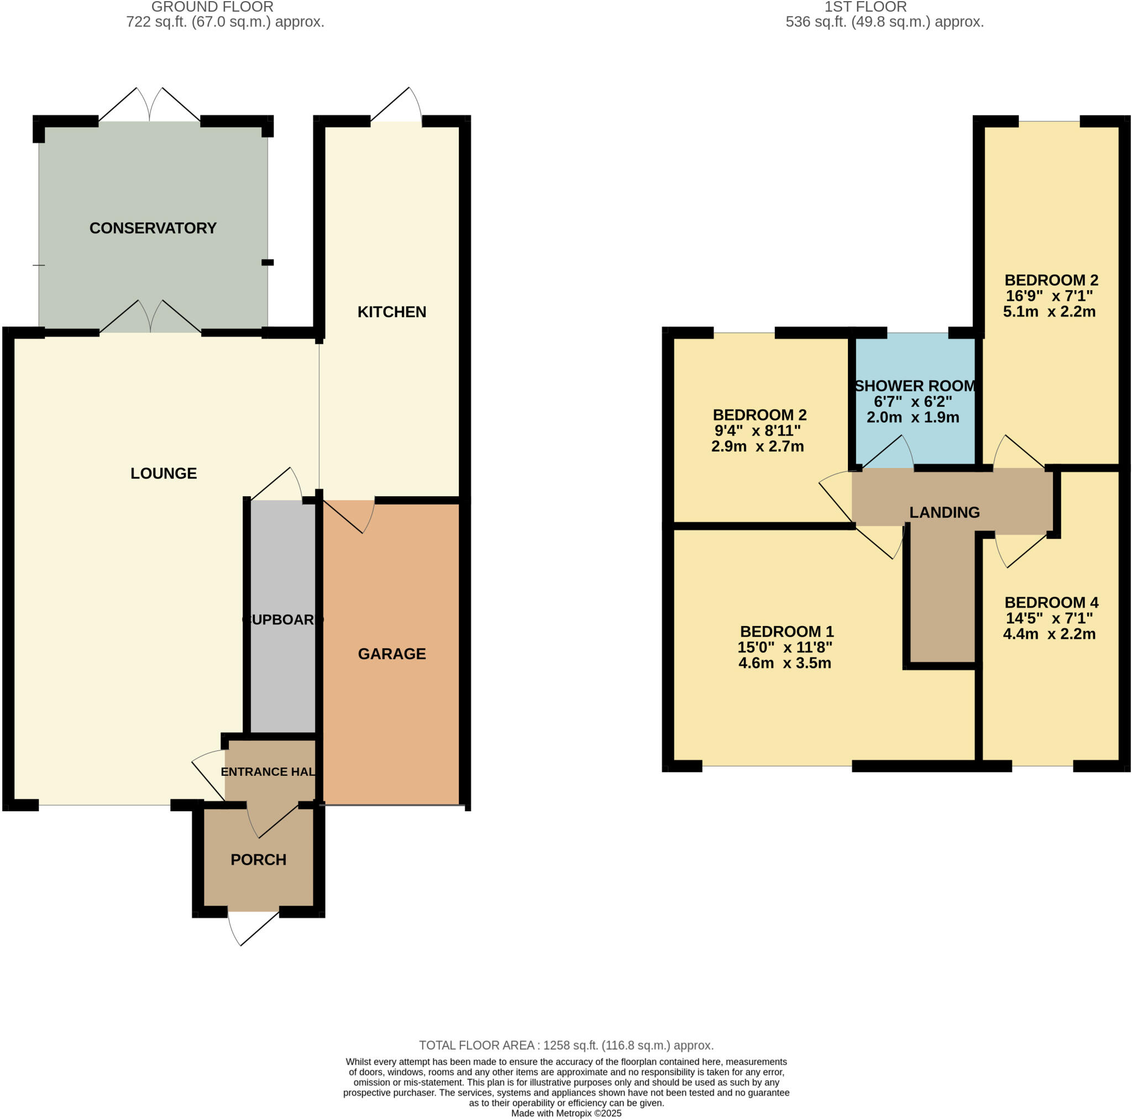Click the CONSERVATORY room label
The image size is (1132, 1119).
click(153, 228)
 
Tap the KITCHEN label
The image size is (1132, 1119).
click(391, 312)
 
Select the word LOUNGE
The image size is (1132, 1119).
click(164, 473)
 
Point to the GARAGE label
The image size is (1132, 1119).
click(391, 653)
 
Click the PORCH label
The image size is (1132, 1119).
click(258, 859)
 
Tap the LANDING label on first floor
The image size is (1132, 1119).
click(944, 512)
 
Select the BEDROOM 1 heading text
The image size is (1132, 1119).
click(787, 631)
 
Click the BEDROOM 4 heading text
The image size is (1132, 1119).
click(1051, 602)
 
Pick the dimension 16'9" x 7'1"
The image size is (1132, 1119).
click(1049, 295)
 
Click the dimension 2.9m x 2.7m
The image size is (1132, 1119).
click(757, 446)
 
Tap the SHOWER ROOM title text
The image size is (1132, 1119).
click(915, 386)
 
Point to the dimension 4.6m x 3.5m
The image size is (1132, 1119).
click(784, 663)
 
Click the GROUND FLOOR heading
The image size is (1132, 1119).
click(212, 7)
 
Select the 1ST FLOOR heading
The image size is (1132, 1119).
click(865, 7)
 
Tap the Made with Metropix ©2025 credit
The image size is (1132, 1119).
click(566, 1112)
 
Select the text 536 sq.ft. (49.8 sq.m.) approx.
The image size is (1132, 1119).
click(884, 22)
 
